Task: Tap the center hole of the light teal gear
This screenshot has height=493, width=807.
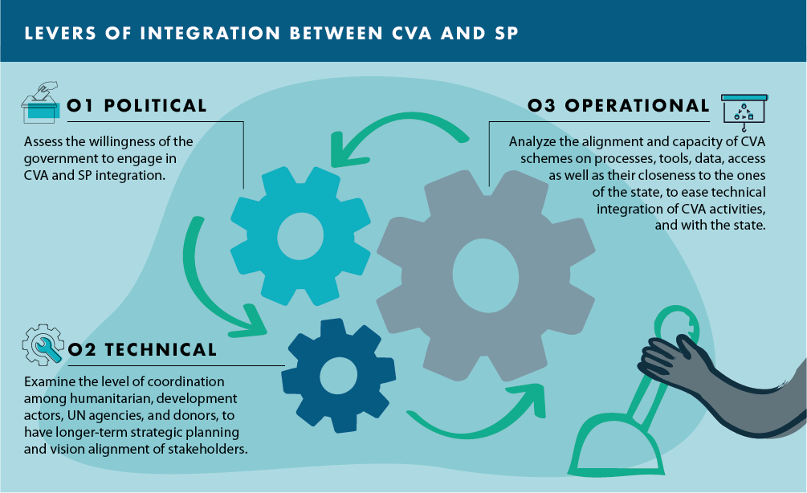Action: click(300, 235)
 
